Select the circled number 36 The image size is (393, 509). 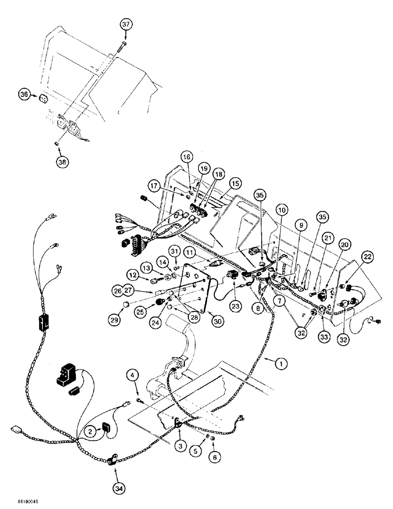24,94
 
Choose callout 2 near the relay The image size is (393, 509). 91,432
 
